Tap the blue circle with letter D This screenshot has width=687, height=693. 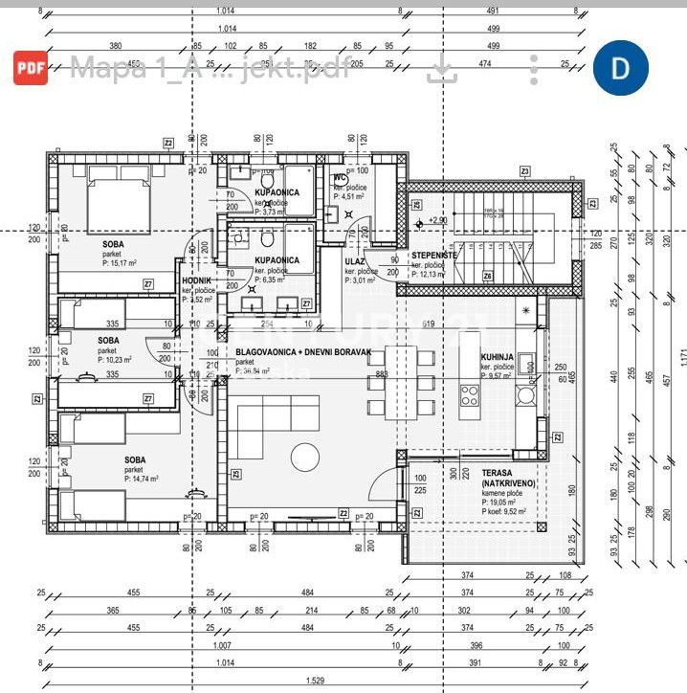coord(620,67)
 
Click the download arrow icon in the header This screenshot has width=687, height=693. coord(441,68)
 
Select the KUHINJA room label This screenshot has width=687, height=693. coord(498,356)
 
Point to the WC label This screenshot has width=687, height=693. coord(340,178)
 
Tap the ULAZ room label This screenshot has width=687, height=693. coord(356,259)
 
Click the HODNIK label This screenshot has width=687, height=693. coord(196,280)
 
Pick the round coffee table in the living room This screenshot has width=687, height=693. coord(307,458)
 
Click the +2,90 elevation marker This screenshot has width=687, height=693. coord(436,221)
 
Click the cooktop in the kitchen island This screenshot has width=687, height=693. coord(470,395)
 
